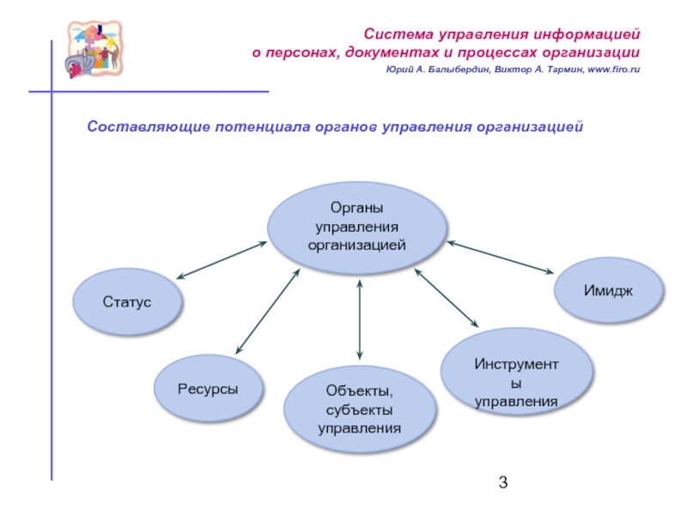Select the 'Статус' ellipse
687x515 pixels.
pos(127,302)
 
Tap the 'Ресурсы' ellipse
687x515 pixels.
pos(208,389)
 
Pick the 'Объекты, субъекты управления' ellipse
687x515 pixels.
pos(359,410)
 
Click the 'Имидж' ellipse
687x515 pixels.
pos(609,291)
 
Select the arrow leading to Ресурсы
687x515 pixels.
pos(268,311)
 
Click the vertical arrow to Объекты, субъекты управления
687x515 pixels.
pos(360,318)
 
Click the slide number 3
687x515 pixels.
pos(503,482)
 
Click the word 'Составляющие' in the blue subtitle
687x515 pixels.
pos(139,127)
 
